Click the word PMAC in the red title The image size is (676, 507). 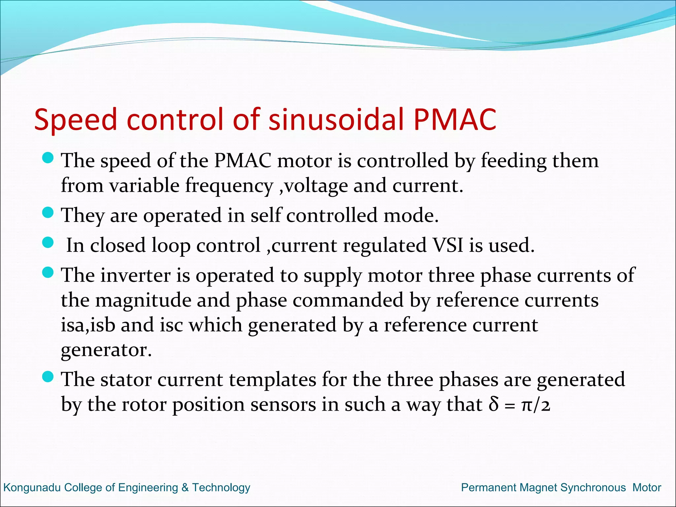(x=455, y=119)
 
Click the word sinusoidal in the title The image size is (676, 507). (x=336, y=119)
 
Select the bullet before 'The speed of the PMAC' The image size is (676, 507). (x=48, y=158)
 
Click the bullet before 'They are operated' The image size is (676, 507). (x=48, y=213)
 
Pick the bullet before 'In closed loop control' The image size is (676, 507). (x=48, y=243)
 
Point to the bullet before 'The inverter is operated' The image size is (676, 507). (x=48, y=272)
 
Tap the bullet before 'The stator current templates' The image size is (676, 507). (x=48, y=376)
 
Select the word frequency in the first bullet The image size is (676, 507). (x=229, y=186)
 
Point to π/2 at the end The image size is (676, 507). (x=536, y=405)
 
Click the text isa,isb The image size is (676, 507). (x=88, y=325)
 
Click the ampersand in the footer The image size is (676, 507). (x=185, y=488)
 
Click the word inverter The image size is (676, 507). (x=135, y=275)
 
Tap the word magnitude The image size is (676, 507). (x=144, y=301)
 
